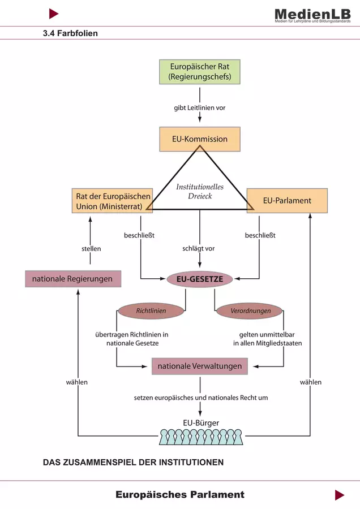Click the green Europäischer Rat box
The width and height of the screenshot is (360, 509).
199,72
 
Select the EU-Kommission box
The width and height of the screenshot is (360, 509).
199,139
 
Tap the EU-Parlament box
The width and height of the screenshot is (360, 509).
287,201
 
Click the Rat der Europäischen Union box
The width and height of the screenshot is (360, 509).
113,201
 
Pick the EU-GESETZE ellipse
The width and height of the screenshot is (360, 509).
200,279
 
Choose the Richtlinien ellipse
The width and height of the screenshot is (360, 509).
151,311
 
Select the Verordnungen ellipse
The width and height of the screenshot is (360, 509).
249,311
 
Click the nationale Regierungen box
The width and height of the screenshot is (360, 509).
73,279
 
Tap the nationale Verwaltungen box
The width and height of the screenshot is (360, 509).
199,366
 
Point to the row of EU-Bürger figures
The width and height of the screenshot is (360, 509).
201,437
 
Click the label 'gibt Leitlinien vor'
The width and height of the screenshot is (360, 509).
199,108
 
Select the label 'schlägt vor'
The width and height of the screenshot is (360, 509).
199,248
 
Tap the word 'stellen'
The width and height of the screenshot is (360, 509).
91,249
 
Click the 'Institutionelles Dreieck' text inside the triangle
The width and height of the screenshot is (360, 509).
200,191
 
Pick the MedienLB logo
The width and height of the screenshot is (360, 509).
312,15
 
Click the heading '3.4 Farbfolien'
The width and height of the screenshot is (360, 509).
70,33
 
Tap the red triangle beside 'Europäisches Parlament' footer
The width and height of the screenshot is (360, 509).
340,495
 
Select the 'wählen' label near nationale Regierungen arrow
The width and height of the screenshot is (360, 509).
76,382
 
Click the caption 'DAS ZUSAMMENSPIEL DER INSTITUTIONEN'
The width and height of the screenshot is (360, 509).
133,462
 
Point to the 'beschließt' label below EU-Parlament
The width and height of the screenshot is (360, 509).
260,235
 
